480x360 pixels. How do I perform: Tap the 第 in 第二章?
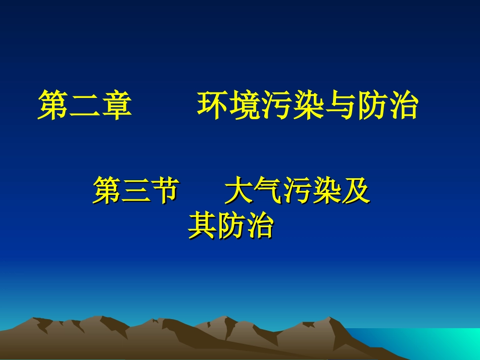[53, 106]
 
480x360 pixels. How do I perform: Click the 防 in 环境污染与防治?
[372, 106]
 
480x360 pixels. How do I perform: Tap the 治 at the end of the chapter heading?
[404, 106]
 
